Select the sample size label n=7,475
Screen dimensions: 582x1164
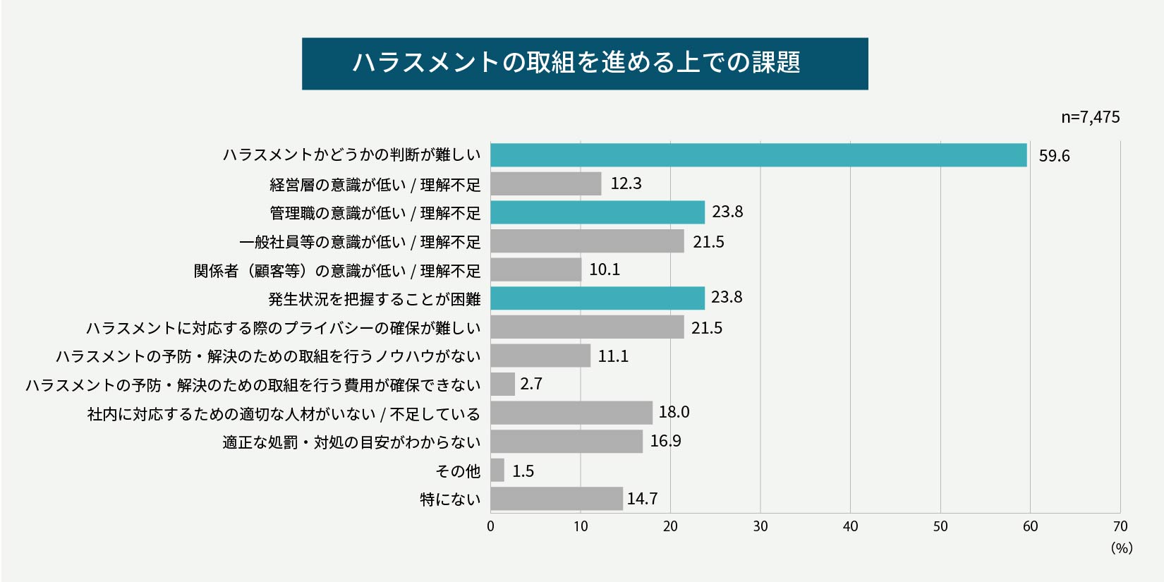(x=1090, y=117)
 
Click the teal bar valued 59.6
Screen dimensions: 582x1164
(x=758, y=155)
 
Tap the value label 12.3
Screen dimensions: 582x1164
(x=626, y=183)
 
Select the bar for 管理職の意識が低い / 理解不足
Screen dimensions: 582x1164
(x=597, y=212)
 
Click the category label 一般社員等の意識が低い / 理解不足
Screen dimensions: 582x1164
(x=360, y=242)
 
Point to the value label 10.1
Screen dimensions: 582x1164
(x=605, y=269)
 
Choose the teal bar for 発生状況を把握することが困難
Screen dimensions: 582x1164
(x=597, y=298)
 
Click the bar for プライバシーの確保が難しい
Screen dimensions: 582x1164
(x=587, y=327)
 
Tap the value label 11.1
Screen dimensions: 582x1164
(x=613, y=356)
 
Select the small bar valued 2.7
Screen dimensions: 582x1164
(x=502, y=384)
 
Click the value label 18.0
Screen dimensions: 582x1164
(x=674, y=412)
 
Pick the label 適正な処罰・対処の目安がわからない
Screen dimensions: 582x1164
(x=351, y=442)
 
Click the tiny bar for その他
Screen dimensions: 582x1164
(x=497, y=471)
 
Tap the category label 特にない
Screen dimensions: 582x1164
(x=450, y=499)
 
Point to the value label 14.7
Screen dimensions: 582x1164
(x=642, y=499)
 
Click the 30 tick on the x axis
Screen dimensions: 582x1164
(x=760, y=526)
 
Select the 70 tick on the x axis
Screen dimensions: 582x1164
(x=1120, y=526)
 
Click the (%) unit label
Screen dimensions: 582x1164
(x=1121, y=548)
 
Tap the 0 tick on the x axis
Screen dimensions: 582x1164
(x=490, y=526)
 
